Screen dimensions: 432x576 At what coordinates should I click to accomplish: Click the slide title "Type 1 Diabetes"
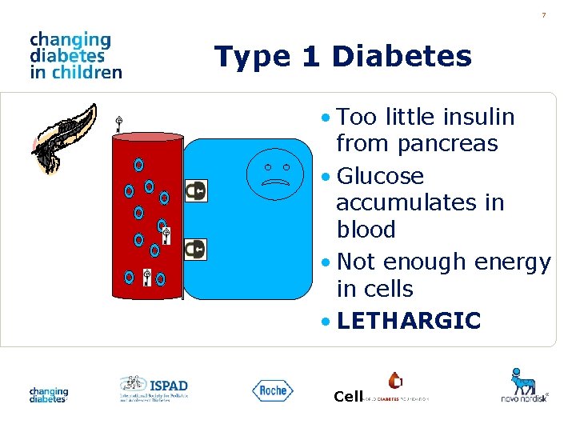(343, 57)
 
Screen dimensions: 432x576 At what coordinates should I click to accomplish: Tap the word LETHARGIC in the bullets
(409, 321)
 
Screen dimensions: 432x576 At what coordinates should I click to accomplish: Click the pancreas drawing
(64, 135)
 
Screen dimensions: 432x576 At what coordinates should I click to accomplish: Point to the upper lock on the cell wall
(195, 190)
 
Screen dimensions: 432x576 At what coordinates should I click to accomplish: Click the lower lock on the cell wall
(195, 250)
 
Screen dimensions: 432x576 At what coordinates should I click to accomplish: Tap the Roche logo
(273, 390)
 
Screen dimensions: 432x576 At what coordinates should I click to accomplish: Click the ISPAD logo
(154, 388)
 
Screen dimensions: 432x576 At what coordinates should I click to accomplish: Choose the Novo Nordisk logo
(525, 385)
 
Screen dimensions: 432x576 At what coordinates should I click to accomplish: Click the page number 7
(543, 15)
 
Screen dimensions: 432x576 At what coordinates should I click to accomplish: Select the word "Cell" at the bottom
(348, 397)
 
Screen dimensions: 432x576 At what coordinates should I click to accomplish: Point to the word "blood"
(366, 230)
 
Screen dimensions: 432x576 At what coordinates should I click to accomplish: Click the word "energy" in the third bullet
(512, 262)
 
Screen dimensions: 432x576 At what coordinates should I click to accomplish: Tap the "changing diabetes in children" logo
(75, 55)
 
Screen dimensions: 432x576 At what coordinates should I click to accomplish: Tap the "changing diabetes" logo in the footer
(49, 394)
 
